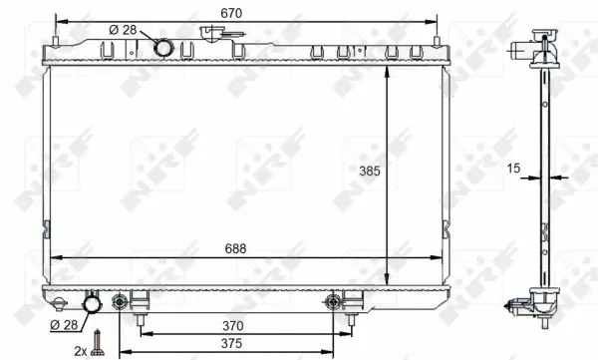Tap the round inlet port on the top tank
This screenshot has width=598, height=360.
click(162, 47)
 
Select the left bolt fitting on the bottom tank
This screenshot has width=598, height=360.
click(122, 300)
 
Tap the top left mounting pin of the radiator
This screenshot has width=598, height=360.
click(55, 42)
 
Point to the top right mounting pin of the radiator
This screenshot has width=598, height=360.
click(437, 42)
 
